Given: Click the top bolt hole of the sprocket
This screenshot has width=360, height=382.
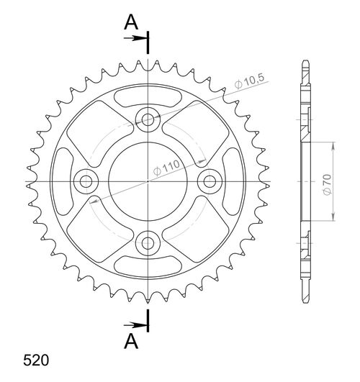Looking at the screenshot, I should pos(148,119).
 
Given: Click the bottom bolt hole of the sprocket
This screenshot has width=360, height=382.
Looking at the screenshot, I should pos(148,241).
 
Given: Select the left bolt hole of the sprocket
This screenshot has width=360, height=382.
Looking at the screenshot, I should pos(87,180).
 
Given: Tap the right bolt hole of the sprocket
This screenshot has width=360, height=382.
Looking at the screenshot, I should pos(210,180).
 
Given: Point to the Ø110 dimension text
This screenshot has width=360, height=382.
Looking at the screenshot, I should pos(166,168).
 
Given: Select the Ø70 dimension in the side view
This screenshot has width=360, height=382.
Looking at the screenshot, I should pos(326,183).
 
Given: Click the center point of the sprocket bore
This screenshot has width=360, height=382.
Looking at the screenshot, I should pos(148,180).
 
